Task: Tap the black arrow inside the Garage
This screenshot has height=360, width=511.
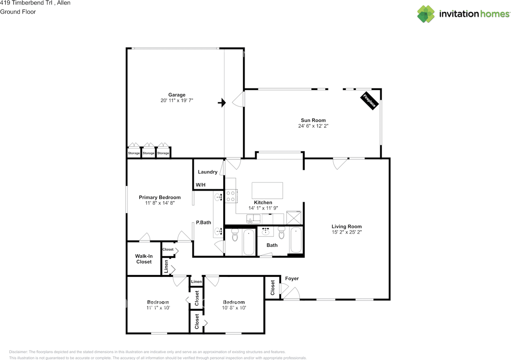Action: [x=222, y=103]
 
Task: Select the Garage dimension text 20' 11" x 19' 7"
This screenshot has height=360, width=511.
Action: [x=177, y=101]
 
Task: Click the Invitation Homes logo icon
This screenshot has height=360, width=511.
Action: [x=426, y=14]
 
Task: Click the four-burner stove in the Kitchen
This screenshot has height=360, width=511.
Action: [x=231, y=196]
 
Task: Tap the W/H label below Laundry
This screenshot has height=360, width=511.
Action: [x=200, y=185]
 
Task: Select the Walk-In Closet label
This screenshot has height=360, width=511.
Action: [x=144, y=259]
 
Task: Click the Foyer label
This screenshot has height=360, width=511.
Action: [x=292, y=278]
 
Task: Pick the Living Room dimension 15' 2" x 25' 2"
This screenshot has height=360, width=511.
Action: [x=347, y=232]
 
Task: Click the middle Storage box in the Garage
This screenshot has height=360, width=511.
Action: [x=149, y=153]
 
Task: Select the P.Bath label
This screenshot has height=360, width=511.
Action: [x=203, y=223]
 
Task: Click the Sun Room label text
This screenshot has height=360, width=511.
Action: [x=313, y=120]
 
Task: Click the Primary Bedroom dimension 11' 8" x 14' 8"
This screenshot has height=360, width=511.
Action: [x=160, y=203]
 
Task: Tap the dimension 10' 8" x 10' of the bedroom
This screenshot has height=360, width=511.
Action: [x=234, y=308]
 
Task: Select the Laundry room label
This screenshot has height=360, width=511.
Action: [x=208, y=172]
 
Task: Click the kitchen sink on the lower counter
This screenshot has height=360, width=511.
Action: [x=253, y=218]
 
